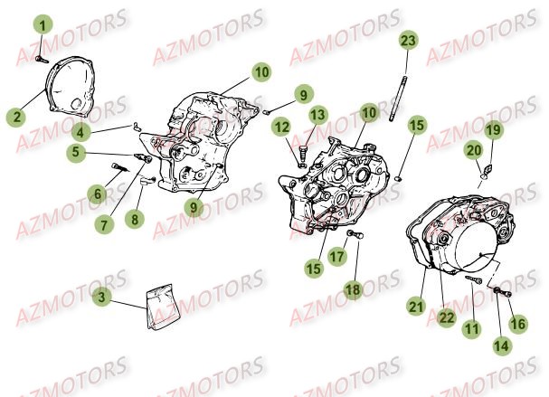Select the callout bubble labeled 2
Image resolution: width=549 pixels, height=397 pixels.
coord(16,116)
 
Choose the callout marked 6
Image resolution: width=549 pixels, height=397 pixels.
coord(95,193)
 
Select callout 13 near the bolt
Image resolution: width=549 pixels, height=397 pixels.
coord(317,115)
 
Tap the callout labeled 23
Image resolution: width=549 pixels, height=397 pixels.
coord(409,41)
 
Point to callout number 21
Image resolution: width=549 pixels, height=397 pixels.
coord(415,306)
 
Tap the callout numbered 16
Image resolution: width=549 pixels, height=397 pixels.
coord(517,322)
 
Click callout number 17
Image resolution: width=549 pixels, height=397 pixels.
coord(337,257)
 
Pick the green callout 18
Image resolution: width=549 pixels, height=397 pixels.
coord(352,288)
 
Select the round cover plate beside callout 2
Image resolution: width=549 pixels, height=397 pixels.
coord(68,87)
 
